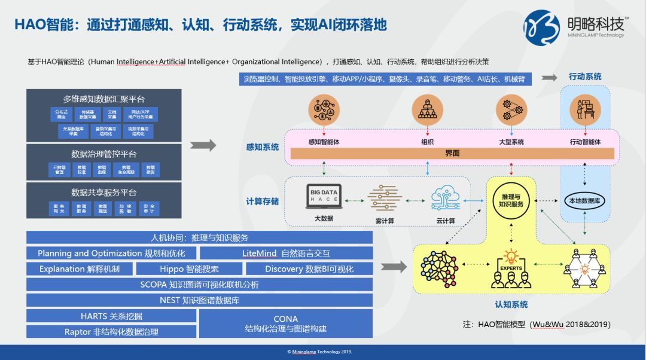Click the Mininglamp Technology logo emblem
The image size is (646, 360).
click(541, 27)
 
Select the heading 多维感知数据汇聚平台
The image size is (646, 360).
click(103, 99)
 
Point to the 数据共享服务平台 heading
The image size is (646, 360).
click(103, 193)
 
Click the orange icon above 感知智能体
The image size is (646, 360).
click(324, 111)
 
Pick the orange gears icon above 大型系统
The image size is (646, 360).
click(511, 111)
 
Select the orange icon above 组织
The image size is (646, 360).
click(427, 111)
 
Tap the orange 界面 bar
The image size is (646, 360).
click(452, 154)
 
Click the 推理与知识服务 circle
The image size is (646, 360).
click(511, 200)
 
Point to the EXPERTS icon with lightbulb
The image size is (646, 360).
click(511, 269)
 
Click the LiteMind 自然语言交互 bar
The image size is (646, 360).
click(286, 254)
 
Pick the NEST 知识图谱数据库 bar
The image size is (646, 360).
click(199, 300)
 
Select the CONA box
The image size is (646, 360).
click(286, 324)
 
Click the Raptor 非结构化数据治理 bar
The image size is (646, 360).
click(111, 332)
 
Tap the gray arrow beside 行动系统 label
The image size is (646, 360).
click(549, 78)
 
